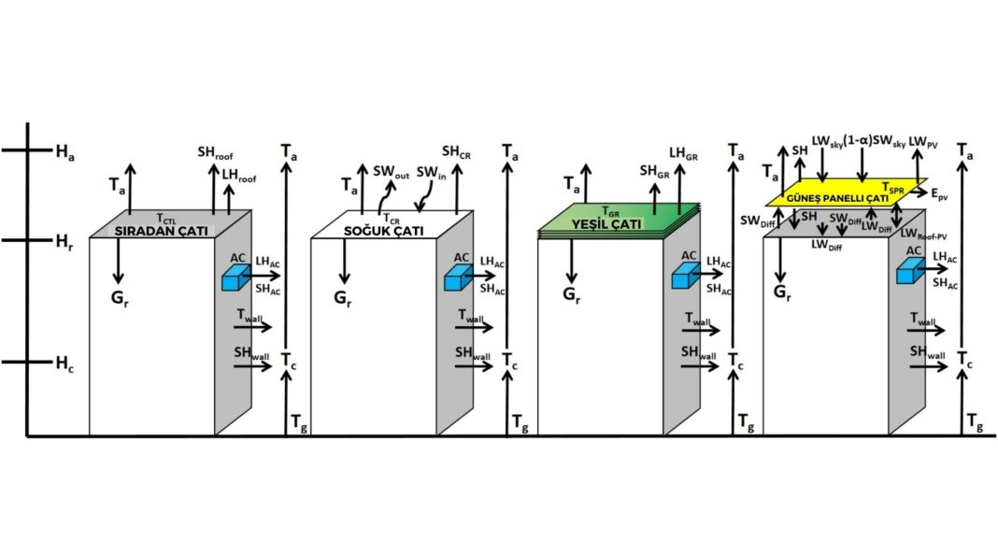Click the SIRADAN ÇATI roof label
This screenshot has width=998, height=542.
click(x=162, y=230)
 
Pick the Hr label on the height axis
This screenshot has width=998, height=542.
click(x=64, y=241)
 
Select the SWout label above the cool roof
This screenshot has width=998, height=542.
click(x=392, y=172)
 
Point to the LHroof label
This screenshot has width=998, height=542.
click(x=239, y=175)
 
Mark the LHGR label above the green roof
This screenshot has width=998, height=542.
click(x=685, y=151)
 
